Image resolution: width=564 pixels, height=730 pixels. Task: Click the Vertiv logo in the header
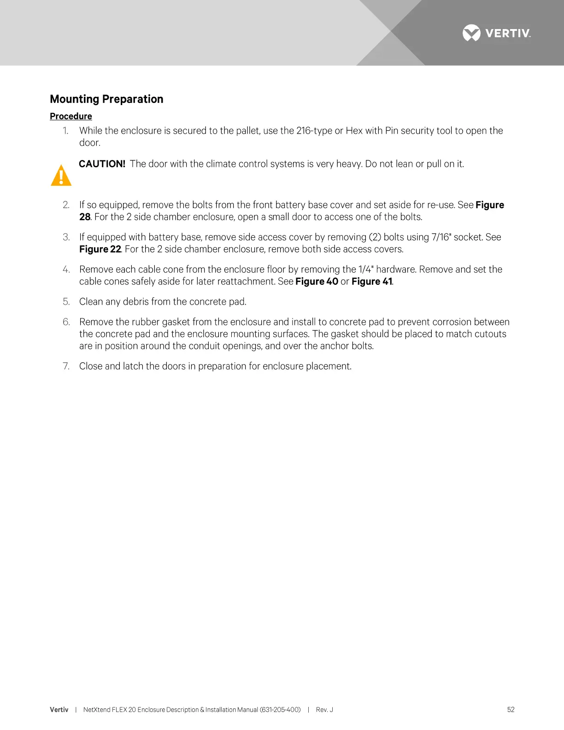pos(496,33)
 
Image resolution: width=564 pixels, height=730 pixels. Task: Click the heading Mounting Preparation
pos(106,99)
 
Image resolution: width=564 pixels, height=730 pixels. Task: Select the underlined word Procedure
pos(71,116)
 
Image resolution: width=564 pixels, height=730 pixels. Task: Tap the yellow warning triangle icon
pos(61,175)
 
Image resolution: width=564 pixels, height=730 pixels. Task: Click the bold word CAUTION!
pos(102,164)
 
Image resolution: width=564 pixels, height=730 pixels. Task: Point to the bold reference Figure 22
pos(100,249)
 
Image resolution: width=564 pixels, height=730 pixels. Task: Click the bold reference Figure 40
pos(317,282)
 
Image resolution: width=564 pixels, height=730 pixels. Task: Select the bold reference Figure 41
pos(371,282)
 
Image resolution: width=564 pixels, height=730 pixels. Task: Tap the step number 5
pos(66,302)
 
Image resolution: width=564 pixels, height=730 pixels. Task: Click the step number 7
pos(66,366)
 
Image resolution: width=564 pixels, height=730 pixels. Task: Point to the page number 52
pos(511,710)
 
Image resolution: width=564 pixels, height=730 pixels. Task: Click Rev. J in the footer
pos(324,710)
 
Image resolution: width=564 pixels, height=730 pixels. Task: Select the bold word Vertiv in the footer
pos(59,710)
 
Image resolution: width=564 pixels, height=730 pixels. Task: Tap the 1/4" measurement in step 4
pos(365,270)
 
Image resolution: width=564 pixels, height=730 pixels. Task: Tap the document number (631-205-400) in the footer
pos(280,710)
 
